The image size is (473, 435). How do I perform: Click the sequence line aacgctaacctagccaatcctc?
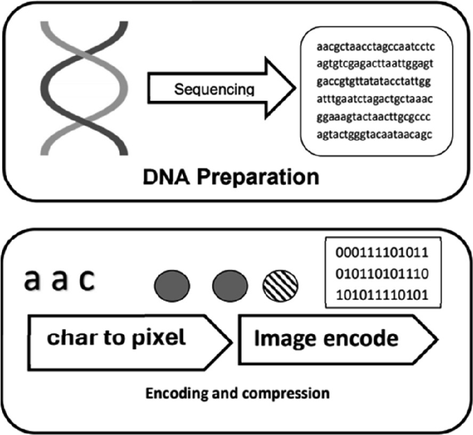coord(374,49)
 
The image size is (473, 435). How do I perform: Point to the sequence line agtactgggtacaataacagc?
coord(374,134)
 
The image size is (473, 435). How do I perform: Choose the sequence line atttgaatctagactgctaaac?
coord(374,100)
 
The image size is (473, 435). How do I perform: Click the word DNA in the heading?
coord(165,176)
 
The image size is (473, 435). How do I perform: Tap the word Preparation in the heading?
coord(257,177)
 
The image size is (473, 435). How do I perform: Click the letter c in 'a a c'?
coord(84,281)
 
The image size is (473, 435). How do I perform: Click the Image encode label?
coord(325,339)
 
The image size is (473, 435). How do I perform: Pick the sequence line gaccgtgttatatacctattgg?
coord(374,83)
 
